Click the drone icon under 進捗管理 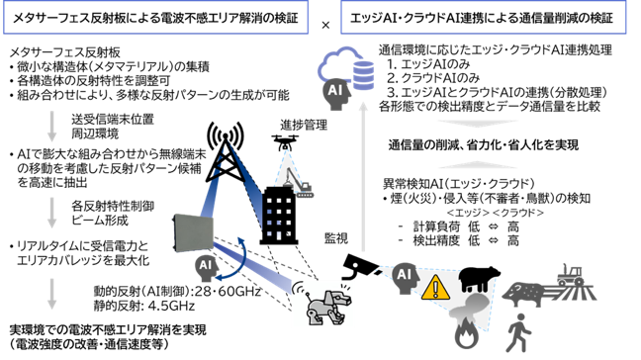[x=285, y=142]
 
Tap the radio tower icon [x=225, y=152]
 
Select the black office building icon [x=279, y=216]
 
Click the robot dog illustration [x=328, y=304]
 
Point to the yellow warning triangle [x=435, y=288]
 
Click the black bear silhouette [x=479, y=279]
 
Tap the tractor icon [x=571, y=275]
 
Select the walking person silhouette [x=518, y=332]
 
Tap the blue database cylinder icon [x=363, y=75]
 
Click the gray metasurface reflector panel [x=193, y=233]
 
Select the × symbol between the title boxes [x=325, y=26]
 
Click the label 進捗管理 [x=304, y=125]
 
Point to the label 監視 [x=336, y=238]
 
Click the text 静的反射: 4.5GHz [x=143, y=306]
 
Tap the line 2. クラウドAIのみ [x=433, y=78]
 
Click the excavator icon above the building [x=299, y=183]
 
